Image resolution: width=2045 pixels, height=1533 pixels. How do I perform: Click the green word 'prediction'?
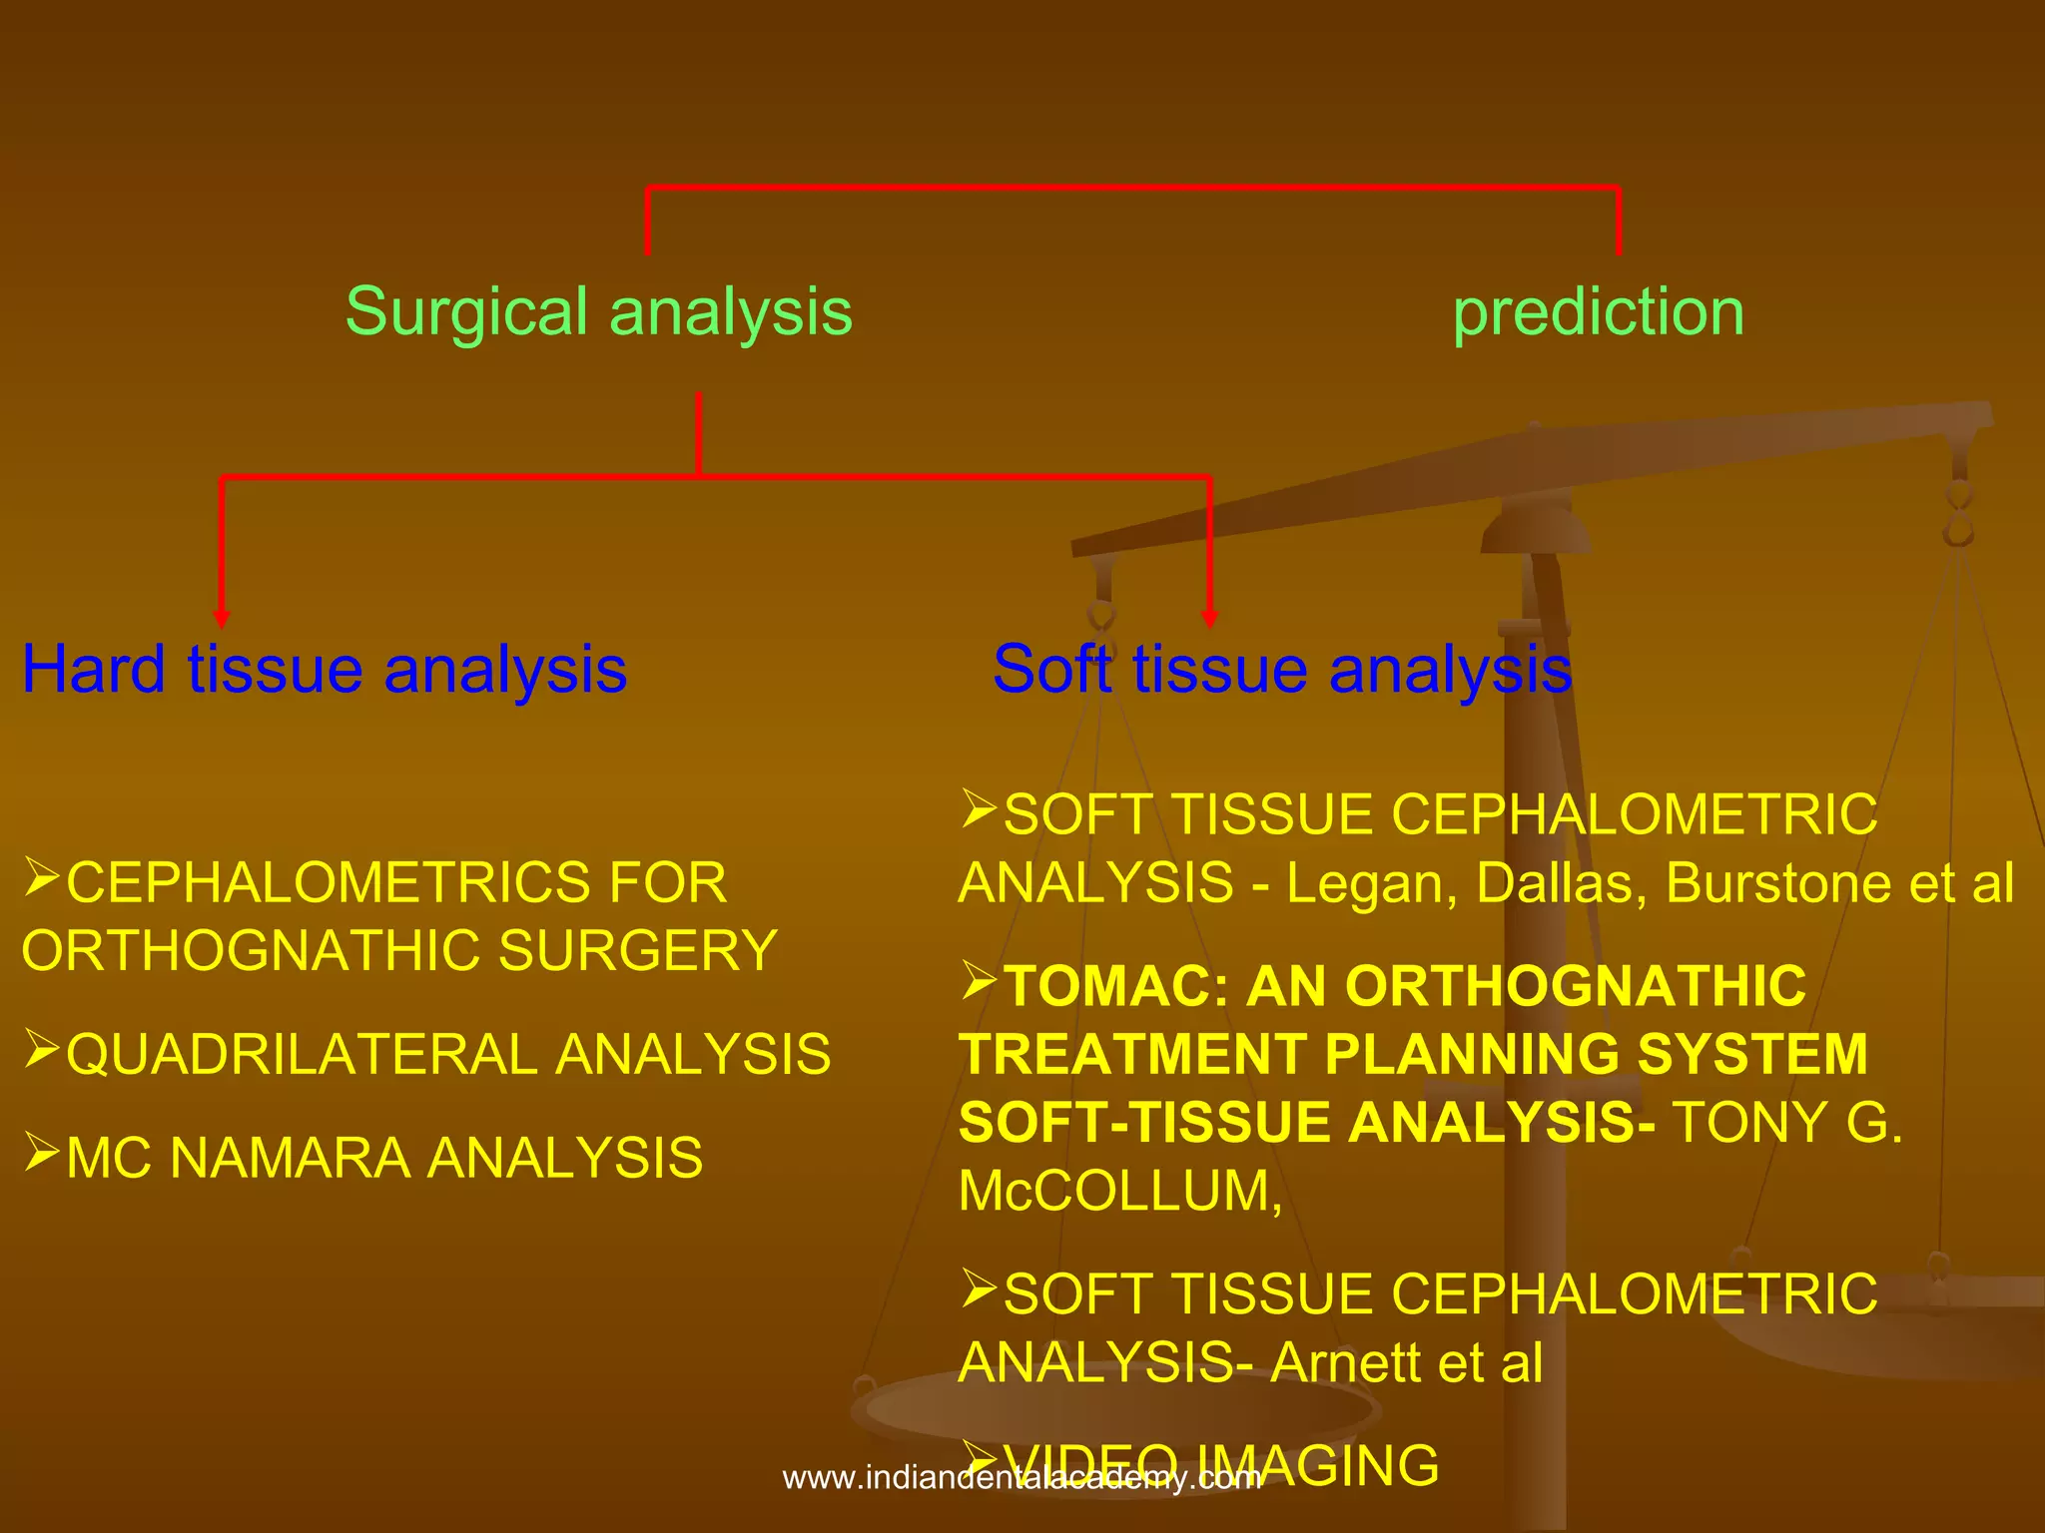tap(1598, 313)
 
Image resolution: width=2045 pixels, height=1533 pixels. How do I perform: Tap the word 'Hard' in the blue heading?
tap(94, 669)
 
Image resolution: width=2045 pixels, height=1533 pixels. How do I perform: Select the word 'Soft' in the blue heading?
tap(1050, 669)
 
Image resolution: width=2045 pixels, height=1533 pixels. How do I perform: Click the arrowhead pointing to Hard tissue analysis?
tap(222, 619)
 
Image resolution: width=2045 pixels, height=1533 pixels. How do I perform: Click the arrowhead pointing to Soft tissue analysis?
tap(1209, 619)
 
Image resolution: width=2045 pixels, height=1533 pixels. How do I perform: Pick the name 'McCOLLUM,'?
tap(1119, 1192)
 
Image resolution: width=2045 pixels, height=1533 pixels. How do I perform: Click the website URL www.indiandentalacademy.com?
tap(1022, 1478)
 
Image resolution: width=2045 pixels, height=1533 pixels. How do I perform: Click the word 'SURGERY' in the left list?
tap(637, 950)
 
